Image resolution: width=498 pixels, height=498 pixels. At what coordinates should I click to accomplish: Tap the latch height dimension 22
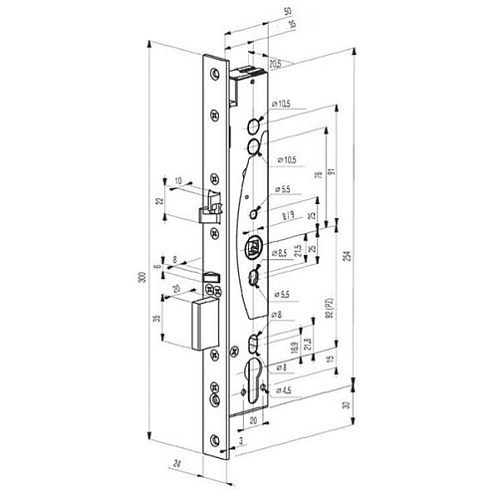[x=159, y=202]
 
